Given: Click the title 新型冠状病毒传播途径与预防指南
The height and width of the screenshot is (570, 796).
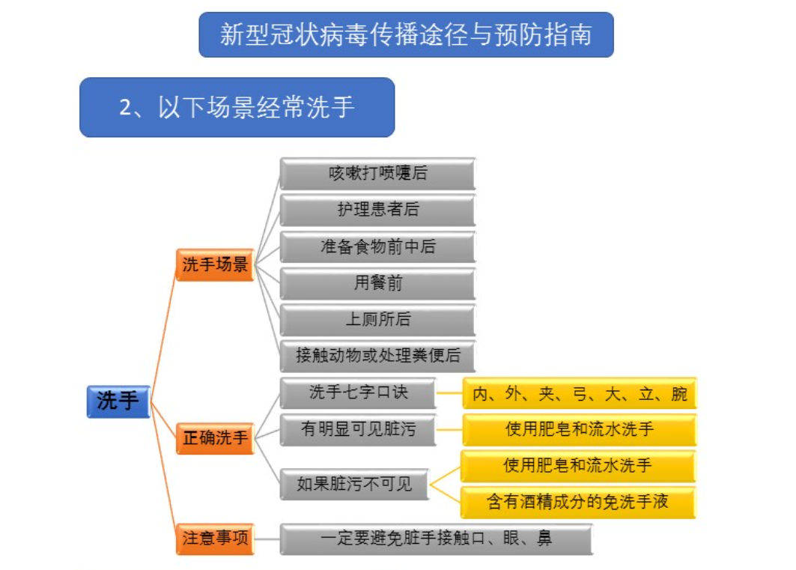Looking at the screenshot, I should click(406, 34).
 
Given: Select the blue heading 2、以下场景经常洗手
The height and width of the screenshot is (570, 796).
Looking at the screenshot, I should click(237, 107).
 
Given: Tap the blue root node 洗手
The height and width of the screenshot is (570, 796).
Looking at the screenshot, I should click(118, 401).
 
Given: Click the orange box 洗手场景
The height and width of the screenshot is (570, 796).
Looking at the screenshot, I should click(215, 265).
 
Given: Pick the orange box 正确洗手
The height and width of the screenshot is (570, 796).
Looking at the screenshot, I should click(215, 437).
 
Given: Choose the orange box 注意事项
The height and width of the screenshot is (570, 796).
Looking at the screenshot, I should click(215, 539).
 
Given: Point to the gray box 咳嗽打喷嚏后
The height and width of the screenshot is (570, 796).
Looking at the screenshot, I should click(377, 173).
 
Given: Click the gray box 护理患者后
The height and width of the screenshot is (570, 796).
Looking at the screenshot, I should click(377, 210).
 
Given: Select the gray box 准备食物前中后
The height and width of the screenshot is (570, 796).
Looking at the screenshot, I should click(377, 246).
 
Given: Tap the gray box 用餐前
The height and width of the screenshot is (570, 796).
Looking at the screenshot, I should click(377, 283).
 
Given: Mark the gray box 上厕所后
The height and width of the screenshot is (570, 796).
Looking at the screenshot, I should click(377, 320).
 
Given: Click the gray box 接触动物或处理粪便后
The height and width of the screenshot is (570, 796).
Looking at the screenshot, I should click(377, 356).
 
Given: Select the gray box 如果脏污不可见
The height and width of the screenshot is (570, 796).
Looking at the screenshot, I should click(355, 484).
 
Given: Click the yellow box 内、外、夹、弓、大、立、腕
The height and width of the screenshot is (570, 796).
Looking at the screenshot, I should click(579, 393).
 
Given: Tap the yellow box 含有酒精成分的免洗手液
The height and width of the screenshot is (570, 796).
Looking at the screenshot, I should click(577, 502).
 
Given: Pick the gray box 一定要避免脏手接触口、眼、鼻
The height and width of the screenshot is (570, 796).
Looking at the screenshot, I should click(436, 539).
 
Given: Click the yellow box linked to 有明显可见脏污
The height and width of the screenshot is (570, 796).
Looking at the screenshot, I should click(579, 430).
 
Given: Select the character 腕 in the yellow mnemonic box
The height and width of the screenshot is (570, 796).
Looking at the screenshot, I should click(678, 393).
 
